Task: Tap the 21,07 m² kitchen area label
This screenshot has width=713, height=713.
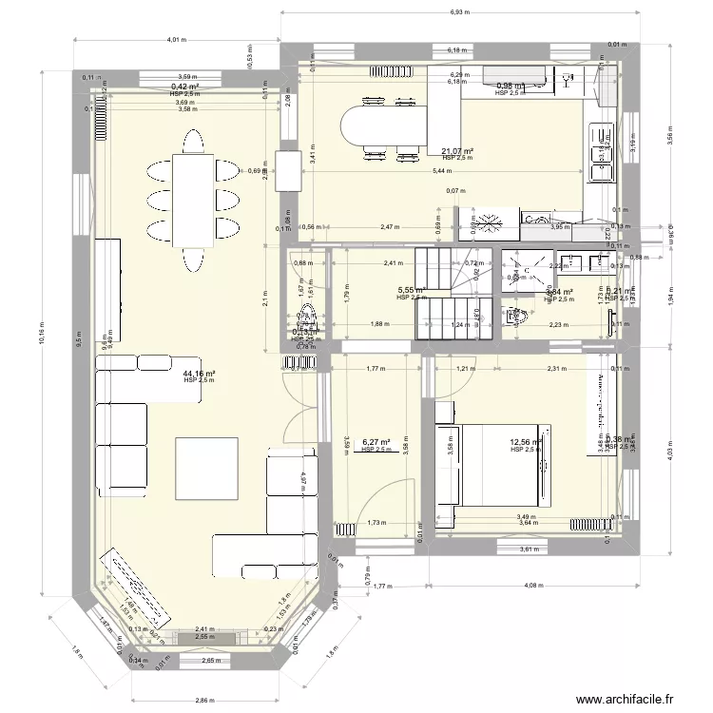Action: tap(456, 151)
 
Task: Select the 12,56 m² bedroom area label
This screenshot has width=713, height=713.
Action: tap(525, 442)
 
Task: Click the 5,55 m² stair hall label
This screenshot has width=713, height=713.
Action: tap(411, 291)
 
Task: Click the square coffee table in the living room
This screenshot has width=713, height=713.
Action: tap(206, 468)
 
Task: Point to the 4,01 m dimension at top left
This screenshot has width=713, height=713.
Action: tap(175, 40)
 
